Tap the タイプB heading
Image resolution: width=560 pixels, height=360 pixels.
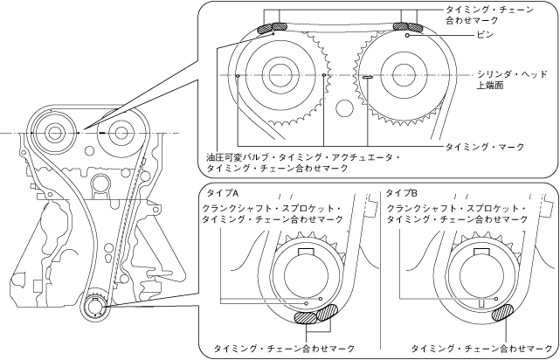[401, 190]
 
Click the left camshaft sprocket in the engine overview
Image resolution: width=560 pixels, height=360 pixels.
[56, 133]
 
